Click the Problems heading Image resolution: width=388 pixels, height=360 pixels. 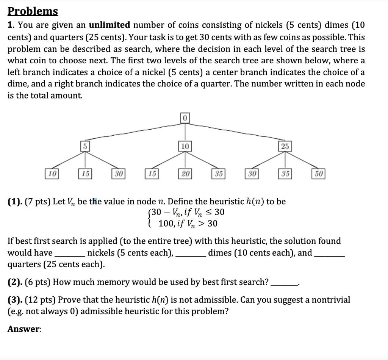click(33, 11)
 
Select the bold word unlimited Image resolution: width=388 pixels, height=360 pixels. click(110, 25)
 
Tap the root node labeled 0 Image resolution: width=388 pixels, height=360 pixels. click(185, 118)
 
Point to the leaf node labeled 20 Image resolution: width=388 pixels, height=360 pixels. click(185, 174)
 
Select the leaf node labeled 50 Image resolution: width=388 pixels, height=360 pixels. click(318, 174)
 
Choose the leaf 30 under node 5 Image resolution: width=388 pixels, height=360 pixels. click(119, 174)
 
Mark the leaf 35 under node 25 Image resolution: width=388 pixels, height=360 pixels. click(285, 174)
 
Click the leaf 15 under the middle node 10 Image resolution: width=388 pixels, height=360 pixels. click(152, 174)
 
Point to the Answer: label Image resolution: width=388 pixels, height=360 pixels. click(25, 329)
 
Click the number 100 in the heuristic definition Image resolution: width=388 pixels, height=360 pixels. click(165, 224)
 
